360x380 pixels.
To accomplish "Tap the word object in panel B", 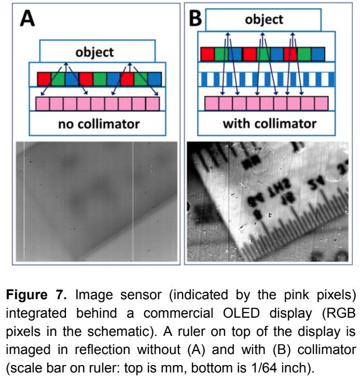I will pos(264,19).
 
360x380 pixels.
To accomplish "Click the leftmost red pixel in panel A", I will pos(45,79).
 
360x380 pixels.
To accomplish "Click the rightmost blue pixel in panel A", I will pos(155,79).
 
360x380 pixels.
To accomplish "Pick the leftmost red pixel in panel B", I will pos(207,54).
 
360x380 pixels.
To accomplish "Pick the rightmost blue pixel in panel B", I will pos(317,54).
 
